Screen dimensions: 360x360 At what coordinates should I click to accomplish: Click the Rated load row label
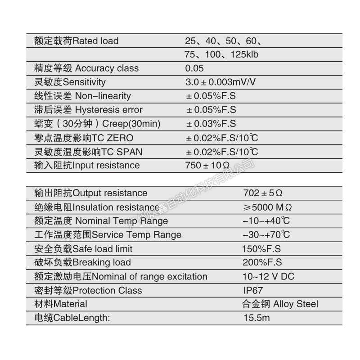click(76, 41)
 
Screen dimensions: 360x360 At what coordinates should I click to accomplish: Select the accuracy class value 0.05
click(194, 68)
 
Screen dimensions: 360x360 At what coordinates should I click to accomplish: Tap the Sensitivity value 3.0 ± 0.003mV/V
click(220, 82)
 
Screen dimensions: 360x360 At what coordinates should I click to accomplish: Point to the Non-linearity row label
click(83, 96)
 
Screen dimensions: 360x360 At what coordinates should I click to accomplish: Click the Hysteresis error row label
click(88, 110)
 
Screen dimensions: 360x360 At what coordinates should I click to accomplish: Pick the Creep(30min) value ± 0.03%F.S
click(211, 124)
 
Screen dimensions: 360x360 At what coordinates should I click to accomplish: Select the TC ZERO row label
click(84, 138)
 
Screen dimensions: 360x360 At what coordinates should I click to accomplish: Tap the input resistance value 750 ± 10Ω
click(207, 165)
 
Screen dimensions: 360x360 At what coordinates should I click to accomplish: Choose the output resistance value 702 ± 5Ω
click(263, 193)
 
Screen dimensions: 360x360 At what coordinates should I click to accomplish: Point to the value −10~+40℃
click(266, 221)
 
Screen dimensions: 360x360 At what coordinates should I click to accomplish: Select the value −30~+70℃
click(266, 235)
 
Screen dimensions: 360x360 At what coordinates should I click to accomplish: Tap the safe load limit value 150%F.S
click(261, 249)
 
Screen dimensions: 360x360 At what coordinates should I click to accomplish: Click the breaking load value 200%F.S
click(261, 263)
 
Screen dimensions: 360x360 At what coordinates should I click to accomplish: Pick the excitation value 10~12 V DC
click(268, 277)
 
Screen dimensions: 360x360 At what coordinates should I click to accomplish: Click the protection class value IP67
click(252, 291)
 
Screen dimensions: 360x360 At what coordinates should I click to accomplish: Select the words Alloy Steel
click(296, 304)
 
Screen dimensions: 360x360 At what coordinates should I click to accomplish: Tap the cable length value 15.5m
click(256, 318)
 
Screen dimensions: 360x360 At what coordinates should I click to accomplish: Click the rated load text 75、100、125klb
click(221, 54)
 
